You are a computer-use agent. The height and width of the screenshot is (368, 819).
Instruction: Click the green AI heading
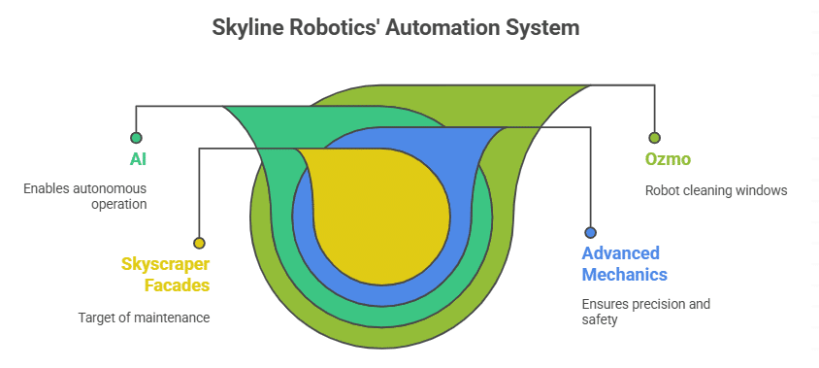pos(139,158)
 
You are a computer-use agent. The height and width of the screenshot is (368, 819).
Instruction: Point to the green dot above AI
pos(136,138)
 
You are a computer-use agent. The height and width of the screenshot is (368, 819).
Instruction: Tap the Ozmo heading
pos(669,159)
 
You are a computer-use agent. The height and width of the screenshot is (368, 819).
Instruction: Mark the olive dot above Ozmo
pos(654,138)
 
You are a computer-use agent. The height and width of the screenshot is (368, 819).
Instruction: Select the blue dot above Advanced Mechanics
pos(590,232)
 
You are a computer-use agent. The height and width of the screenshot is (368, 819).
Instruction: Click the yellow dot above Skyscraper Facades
pos(199,243)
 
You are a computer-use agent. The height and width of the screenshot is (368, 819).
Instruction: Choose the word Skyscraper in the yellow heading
pos(165,264)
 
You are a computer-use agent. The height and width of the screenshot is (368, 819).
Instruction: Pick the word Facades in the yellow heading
pos(177,284)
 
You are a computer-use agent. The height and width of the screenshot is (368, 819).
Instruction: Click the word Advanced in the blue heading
pos(621,253)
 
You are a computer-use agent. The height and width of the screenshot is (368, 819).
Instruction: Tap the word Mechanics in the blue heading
pos(624,274)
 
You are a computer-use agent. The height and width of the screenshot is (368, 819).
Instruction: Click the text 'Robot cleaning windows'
pos(715,190)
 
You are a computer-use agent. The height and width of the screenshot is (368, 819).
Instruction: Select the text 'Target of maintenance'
pos(144,317)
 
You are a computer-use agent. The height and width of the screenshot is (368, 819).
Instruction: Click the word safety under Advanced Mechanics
pos(600,318)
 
